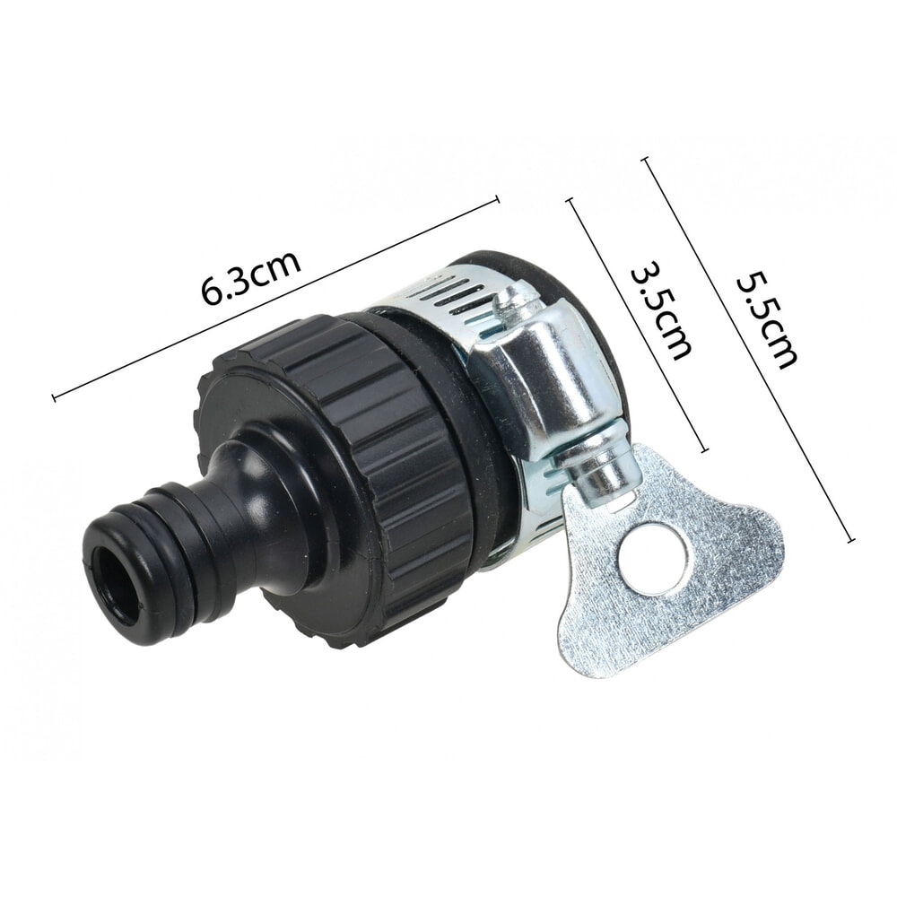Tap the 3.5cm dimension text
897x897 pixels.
point(661,310)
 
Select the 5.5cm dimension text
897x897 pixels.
point(765,319)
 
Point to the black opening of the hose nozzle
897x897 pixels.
point(119,579)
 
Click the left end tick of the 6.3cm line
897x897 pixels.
point(55,397)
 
